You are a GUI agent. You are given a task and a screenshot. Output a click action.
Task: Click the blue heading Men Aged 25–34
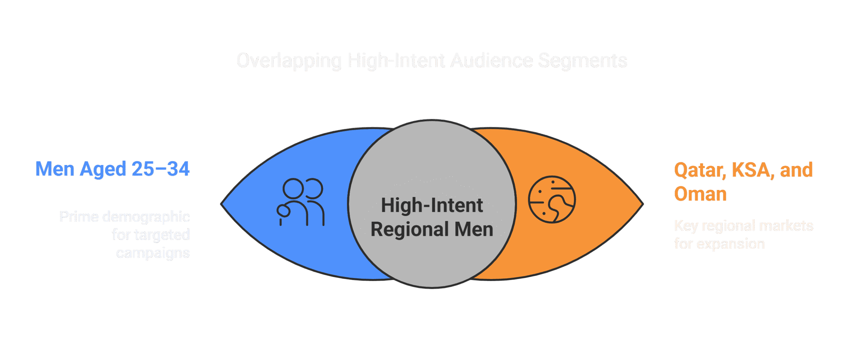[x=112, y=169]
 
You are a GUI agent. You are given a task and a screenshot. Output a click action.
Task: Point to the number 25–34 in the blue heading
[x=161, y=169]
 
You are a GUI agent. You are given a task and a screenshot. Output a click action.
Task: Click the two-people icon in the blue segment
[x=300, y=202]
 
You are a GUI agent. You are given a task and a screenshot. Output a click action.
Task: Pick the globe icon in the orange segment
[x=551, y=199]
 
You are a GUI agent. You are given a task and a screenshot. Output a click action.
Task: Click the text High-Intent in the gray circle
[x=432, y=205]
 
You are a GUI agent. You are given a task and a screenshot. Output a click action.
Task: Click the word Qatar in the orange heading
[x=700, y=170]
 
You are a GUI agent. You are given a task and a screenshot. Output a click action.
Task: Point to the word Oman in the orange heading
[x=700, y=194]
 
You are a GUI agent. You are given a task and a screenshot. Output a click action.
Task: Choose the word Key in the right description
[x=685, y=226]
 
